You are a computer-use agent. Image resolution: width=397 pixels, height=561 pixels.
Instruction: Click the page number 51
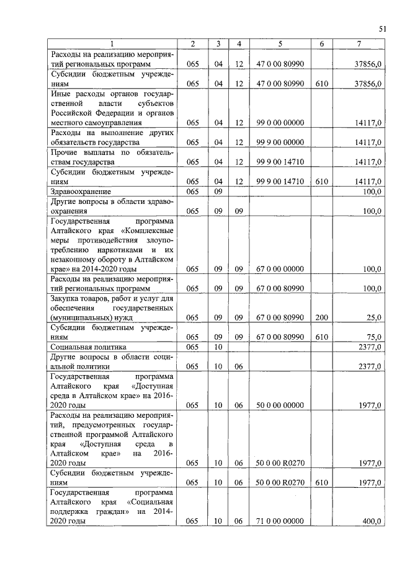[381, 28]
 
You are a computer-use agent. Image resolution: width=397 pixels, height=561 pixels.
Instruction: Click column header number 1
[112, 43]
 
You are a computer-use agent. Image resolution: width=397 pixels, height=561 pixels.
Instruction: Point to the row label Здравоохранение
[81, 192]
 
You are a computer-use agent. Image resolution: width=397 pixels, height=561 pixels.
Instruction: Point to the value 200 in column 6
[321, 317]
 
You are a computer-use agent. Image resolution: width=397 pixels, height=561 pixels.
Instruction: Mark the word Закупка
[67, 298]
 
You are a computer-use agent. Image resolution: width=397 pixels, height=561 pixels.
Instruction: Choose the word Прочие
[66, 152]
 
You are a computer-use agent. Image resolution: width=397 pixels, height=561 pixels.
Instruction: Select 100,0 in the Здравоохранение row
[371, 192]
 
